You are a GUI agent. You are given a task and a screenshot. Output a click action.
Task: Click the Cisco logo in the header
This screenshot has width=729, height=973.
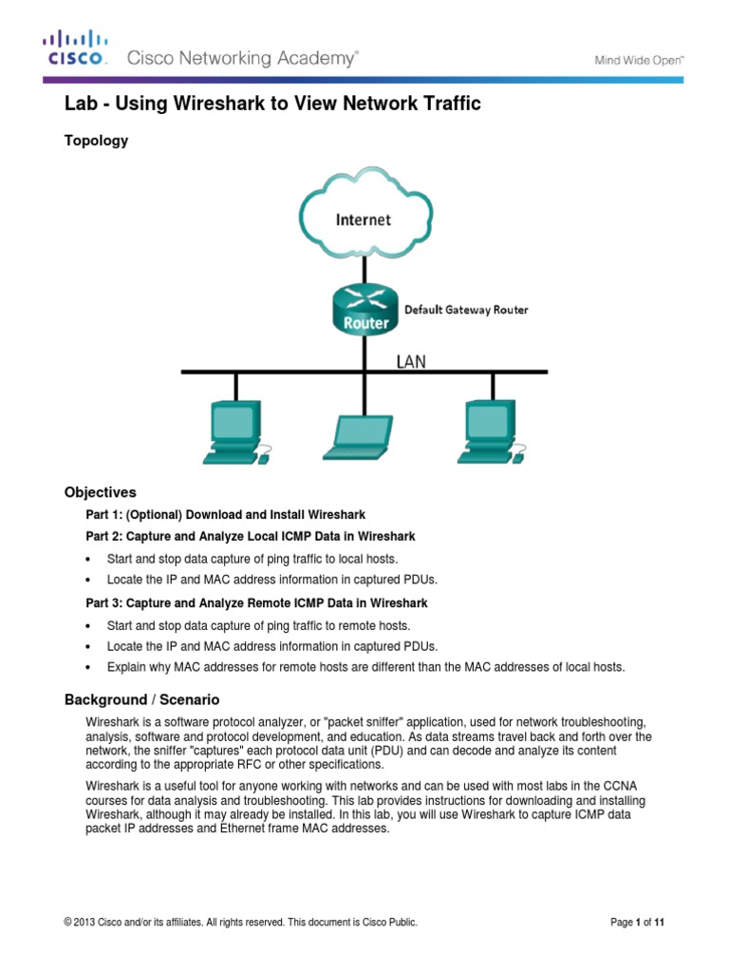tap(77, 48)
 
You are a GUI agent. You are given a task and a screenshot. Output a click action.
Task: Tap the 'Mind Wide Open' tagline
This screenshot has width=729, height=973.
tap(639, 59)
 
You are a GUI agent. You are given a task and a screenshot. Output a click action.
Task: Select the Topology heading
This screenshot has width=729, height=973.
tap(96, 141)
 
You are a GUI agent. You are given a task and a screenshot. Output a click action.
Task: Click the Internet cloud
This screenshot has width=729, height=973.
tap(363, 219)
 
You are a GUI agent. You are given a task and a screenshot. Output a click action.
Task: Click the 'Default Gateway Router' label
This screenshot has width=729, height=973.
tap(466, 310)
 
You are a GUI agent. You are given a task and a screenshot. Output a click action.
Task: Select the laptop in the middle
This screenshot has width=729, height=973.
tap(360, 438)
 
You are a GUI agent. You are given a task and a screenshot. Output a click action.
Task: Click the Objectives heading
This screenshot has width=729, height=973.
tap(100, 492)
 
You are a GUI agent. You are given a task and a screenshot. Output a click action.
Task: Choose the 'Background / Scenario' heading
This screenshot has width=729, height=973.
tap(141, 699)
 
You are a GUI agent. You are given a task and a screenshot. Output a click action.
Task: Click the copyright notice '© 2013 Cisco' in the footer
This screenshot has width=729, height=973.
tap(240, 922)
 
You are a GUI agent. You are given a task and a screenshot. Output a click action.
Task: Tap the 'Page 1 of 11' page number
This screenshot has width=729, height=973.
tap(642, 922)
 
